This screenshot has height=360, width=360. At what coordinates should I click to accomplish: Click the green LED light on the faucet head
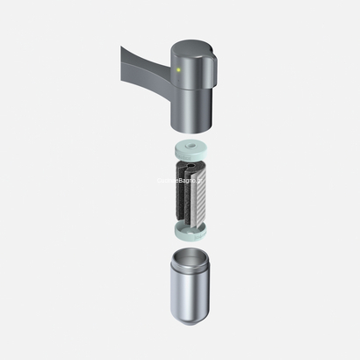point(178,69)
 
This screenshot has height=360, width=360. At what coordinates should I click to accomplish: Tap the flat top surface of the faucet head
point(193,47)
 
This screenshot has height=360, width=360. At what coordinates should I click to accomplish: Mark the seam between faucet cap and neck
point(192,89)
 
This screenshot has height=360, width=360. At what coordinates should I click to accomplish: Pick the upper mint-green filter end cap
point(191,150)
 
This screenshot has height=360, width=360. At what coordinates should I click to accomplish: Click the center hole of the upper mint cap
point(191,146)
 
